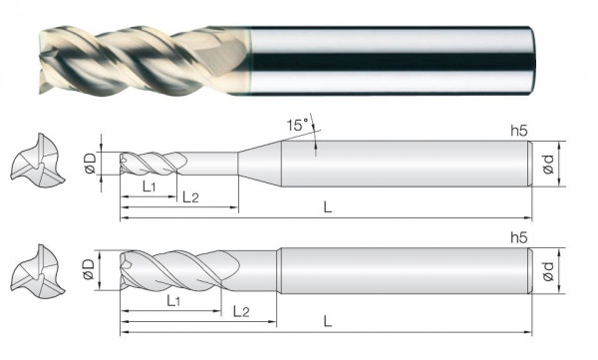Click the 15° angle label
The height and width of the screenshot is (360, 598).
297,125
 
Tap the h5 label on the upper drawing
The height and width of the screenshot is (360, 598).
519,131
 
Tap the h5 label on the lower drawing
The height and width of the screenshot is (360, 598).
519,237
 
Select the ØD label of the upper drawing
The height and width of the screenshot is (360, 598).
90,164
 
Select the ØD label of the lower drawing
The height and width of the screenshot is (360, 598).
89,269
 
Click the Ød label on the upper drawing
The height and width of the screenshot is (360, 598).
548,165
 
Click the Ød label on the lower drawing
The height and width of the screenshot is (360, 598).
548,271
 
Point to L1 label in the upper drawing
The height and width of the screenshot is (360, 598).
149,186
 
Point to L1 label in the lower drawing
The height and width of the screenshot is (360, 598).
173,301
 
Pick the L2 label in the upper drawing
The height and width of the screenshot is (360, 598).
190,197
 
